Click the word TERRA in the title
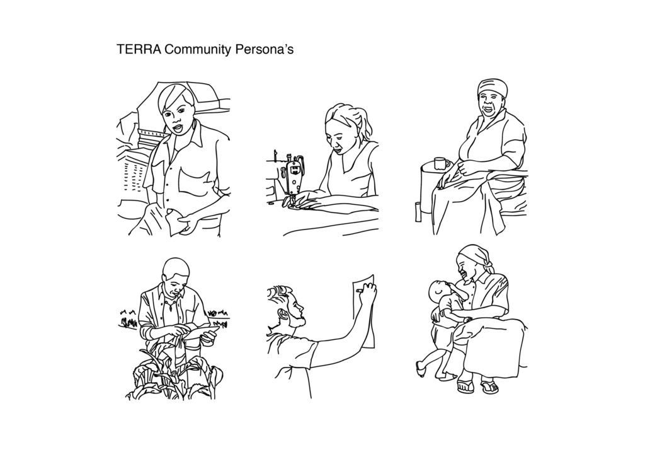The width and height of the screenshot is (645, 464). click(x=139, y=49)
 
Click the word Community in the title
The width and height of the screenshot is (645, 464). click(x=198, y=50)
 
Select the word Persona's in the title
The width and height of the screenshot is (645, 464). click(x=264, y=49)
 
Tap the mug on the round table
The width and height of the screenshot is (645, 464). click(x=441, y=163)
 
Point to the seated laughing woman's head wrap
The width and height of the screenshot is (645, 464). click(x=493, y=87)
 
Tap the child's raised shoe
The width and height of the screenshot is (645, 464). click(x=421, y=368)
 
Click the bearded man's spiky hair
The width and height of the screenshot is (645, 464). click(x=282, y=291)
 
